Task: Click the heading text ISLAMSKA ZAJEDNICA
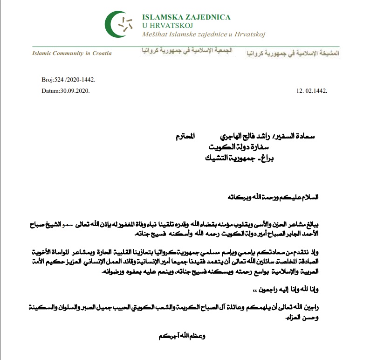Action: coord(186,17)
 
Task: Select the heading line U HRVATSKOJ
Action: coord(165,26)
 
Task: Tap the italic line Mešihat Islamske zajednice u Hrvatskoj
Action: coord(204,35)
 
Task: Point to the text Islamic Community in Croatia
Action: coord(72,53)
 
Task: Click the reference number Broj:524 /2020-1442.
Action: coord(68,80)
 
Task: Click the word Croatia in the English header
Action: coord(102,53)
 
